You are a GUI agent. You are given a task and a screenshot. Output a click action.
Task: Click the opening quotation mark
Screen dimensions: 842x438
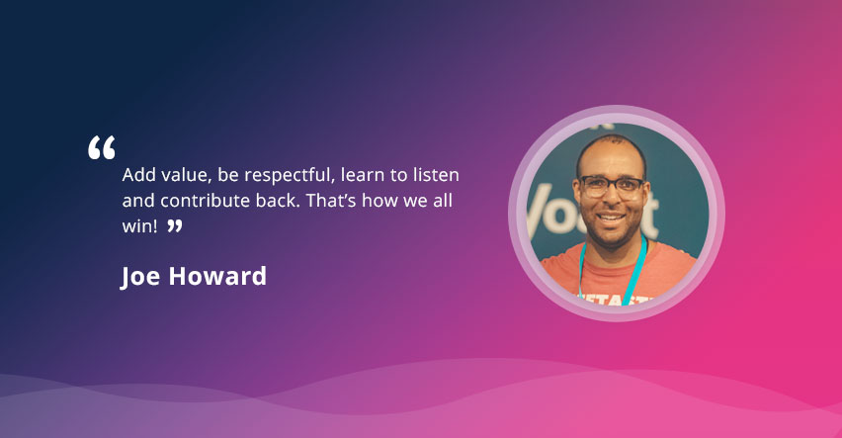click(102, 147)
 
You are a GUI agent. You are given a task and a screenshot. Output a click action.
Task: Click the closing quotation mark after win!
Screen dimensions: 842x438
click(175, 225)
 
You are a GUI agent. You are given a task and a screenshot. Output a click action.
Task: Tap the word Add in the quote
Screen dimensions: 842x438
click(137, 175)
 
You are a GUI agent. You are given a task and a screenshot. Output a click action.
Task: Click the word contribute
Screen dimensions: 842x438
click(206, 201)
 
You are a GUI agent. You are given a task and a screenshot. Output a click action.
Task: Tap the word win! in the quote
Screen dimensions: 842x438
click(140, 226)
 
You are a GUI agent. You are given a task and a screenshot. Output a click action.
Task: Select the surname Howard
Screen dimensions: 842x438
click(217, 276)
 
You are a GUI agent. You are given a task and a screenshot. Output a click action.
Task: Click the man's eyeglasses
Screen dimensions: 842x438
click(612, 186)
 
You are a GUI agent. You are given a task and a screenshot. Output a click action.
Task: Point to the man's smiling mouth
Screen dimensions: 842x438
click(612, 218)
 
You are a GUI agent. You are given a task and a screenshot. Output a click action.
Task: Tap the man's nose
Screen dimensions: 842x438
click(612, 200)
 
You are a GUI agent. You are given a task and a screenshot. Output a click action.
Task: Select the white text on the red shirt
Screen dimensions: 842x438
click(617, 300)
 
